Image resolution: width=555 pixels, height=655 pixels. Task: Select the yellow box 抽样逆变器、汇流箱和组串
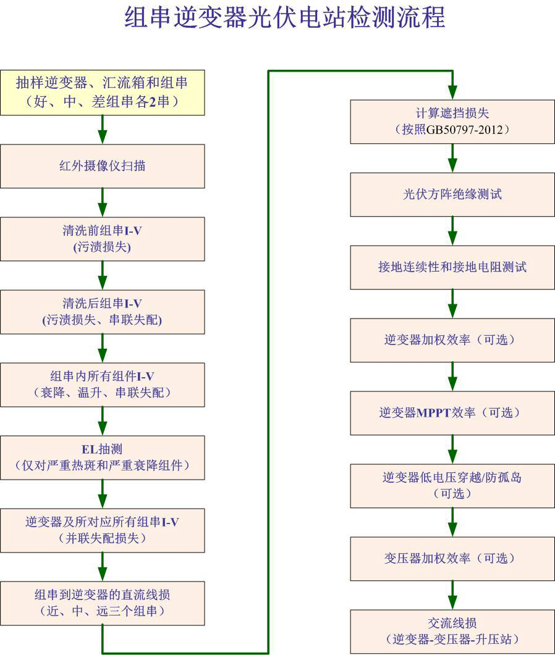(x=103, y=93)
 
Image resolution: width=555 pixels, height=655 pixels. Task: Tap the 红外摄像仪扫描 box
(x=103, y=165)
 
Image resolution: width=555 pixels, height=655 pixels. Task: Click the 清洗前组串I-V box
(x=103, y=238)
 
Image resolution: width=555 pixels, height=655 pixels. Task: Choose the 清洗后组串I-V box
(x=103, y=312)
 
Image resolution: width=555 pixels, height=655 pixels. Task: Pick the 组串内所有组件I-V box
(x=103, y=385)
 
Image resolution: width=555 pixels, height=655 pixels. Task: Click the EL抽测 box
(x=103, y=457)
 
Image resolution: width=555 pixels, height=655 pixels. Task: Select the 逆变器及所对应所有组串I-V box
(x=103, y=530)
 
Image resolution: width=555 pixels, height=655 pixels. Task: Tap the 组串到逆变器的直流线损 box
(x=103, y=603)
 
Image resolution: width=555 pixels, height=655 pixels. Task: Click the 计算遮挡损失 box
(x=452, y=122)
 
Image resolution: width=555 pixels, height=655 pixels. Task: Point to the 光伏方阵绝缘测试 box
(x=452, y=194)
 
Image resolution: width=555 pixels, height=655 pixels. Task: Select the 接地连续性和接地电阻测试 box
(x=452, y=267)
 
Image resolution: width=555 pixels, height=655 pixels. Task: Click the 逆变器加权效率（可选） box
(x=452, y=340)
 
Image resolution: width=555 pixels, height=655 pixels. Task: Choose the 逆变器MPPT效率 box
(x=452, y=413)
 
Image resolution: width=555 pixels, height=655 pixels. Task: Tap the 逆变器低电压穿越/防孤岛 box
(x=452, y=485)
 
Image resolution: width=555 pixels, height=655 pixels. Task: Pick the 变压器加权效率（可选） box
(x=452, y=558)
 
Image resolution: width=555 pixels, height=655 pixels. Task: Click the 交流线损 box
(x=452, y=631)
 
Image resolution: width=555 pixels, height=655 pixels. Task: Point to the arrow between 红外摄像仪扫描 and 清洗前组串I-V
(x=103, y=202)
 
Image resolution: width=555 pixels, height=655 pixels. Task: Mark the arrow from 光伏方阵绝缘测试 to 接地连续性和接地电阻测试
(x=452, y=231)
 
